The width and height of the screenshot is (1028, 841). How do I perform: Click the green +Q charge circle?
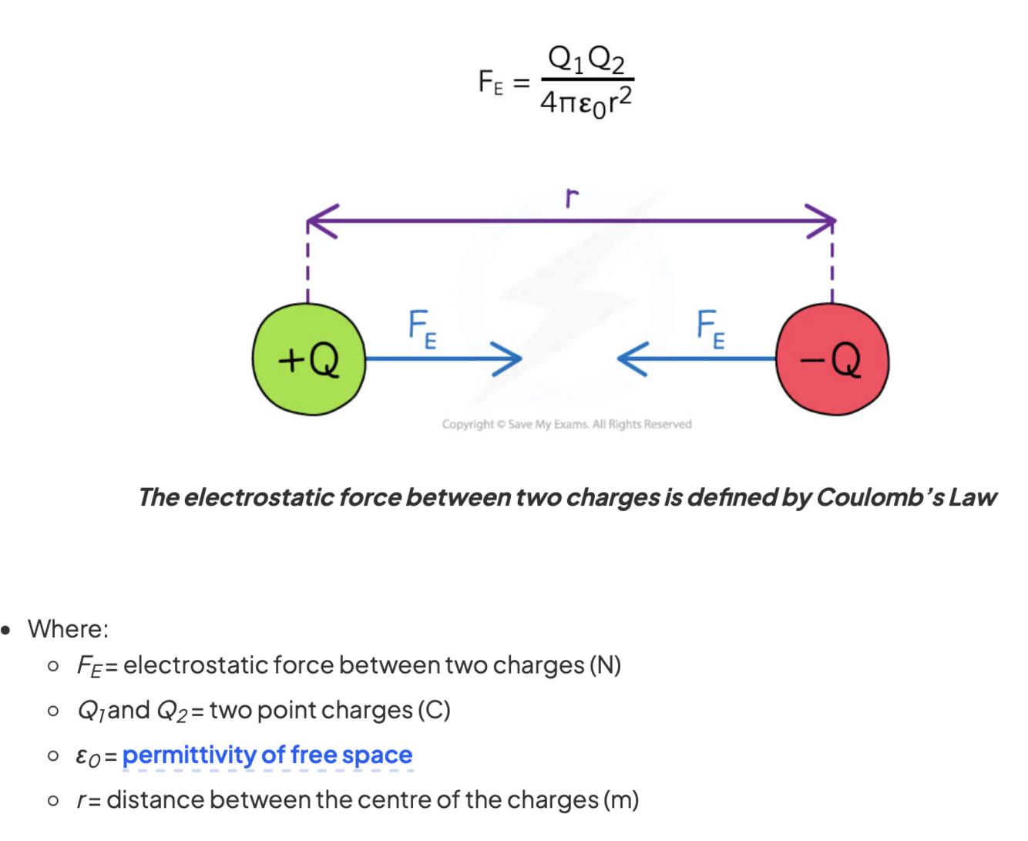point(308,359)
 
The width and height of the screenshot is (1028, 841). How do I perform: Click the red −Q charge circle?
point(832,359)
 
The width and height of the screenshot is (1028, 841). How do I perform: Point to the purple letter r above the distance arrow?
point(571,198)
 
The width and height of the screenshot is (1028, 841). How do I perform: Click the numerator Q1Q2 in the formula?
point(586,59)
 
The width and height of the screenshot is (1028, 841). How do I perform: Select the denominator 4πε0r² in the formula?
point(586,102)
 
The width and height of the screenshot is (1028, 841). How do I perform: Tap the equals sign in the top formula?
point(522,82)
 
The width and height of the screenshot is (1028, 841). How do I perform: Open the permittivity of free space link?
point(267,755)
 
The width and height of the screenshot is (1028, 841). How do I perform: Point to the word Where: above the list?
point(68,629)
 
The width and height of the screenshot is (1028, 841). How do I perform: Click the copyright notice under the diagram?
point(566,424)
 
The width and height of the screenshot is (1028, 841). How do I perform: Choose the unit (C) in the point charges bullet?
point(434,710)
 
